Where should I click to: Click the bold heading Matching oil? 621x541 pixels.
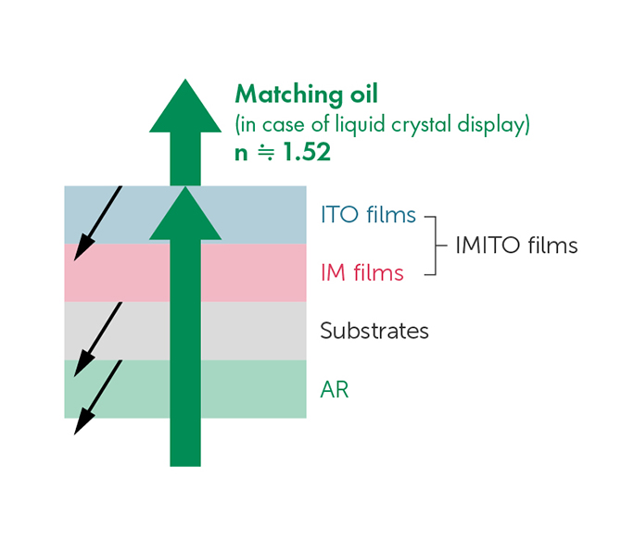tap(307, 94)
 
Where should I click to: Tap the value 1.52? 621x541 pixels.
tap(307, 152)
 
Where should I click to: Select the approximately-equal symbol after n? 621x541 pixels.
tap(266, 152)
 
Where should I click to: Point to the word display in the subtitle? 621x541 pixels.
tap(491, 125)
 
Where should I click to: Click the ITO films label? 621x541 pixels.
tap(368, 215)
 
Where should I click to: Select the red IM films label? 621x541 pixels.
tap(362, 272)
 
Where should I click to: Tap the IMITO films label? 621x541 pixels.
tap(516, 245)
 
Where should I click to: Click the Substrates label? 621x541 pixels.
tap(374, 331)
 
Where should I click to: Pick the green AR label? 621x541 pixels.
tap(335, 390)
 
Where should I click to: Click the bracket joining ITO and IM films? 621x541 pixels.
tap(436, 245)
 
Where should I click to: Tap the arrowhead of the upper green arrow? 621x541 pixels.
tap(185, 106)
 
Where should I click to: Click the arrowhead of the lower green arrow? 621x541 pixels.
tap(185, 213)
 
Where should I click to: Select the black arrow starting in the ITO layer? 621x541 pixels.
tap(98, 223)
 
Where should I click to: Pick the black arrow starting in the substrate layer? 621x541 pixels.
tap(98, 340)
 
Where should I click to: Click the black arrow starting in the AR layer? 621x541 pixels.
tap(98, 397)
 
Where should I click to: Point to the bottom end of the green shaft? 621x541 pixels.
tap(185, 466)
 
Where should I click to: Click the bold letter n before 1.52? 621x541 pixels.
tap(241, 154)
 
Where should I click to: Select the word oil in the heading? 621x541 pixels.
tap(364, 94)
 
